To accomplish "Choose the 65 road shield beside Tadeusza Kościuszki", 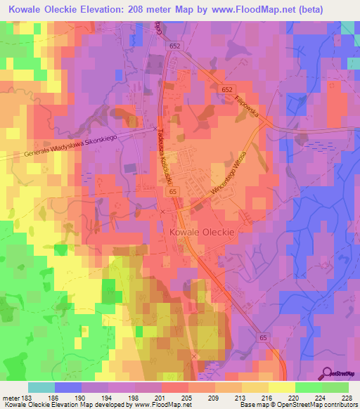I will click(172, 190).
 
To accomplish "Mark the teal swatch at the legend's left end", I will click(41, 387).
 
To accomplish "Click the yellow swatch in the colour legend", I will click(282, 387).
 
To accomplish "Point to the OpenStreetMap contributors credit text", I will click(317, 405).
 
